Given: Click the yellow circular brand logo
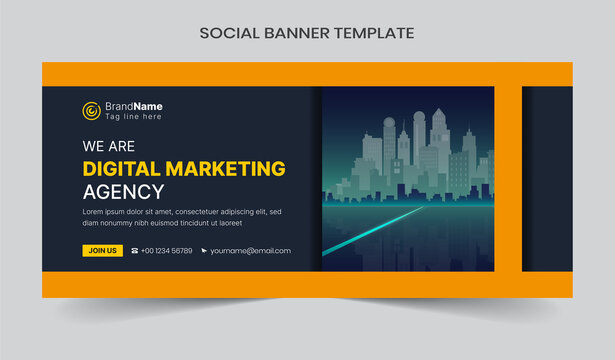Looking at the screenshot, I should (91, 110).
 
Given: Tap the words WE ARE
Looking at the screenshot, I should (109, 147).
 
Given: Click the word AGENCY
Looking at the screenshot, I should (123, 192).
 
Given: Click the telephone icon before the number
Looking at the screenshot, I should (134, 251).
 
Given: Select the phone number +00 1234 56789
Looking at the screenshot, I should (167, 251).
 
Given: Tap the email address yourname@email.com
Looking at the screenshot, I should (251, 251).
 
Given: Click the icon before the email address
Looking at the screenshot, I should (204, 251).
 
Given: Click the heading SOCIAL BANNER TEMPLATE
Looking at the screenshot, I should (307, 33).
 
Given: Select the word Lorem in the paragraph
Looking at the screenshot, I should (96, 212).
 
